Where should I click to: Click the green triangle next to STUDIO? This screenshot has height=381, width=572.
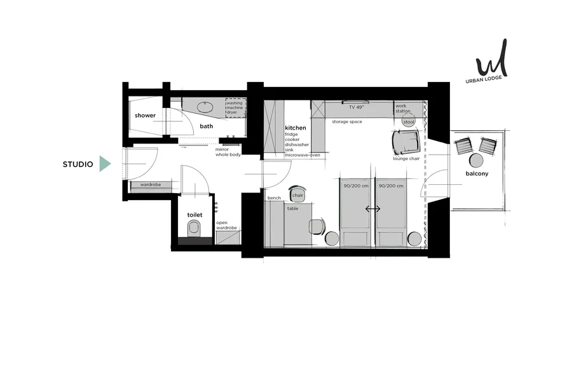(x=105, y=164)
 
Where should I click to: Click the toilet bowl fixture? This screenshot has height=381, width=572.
(x=194, y=229)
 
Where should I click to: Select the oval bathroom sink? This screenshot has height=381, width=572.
(x=205, y=107)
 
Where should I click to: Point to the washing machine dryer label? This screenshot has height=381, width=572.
(x=235, y=107)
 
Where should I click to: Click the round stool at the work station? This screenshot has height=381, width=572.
(x=409, y=122)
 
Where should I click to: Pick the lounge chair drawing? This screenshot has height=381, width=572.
(x=406, y=142)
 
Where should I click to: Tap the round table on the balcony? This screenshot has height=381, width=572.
(x=476, y=161)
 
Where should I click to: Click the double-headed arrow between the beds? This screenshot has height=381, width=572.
(x=373, y=209)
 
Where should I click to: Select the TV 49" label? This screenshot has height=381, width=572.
(x=357, y=107)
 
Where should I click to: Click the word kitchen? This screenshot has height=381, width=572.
(x=296, y=128)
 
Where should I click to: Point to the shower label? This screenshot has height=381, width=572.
(x=145, y=115)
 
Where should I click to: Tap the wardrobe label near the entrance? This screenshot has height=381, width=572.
(x=151, y=185)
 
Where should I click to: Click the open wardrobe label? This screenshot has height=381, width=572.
(x=226, y=225)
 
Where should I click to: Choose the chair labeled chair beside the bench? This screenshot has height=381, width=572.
(x=297, y=194)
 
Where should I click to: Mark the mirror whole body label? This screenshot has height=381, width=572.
(x=228, y=152)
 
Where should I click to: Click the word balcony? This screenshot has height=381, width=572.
(x=477, y=173)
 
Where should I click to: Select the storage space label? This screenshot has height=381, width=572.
(x=347, y=122)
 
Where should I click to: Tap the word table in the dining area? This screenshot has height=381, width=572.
(x=292, y=208)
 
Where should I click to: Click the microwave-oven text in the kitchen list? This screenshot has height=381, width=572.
(x=303, y=155)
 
